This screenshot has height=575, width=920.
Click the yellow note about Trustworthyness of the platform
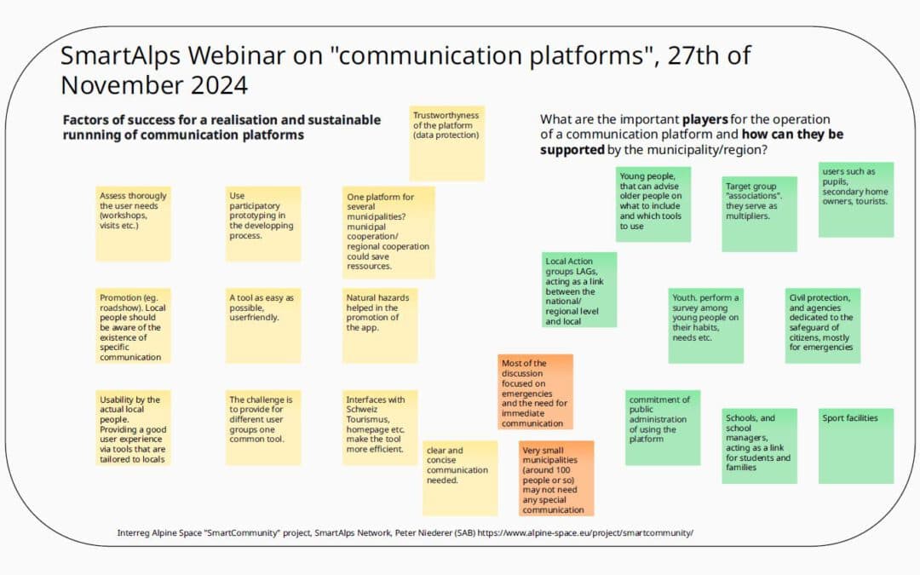click(x=447, y=142)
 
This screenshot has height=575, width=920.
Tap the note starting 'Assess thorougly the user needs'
click(x=133, y=223)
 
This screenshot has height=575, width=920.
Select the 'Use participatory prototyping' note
click(x=263, y=223)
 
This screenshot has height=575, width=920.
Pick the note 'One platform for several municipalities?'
click(x=388, y=232)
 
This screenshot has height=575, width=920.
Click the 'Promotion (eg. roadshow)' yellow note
click(x=133, y=326)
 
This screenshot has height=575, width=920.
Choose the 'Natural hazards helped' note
click(x=380, y=325)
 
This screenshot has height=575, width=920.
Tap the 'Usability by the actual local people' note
click(x=133, y=428)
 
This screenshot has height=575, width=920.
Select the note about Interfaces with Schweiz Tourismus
click(x=380, y=428)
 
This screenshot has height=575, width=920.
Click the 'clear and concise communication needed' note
click(x=460, y=477)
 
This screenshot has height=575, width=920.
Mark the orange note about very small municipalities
click(x=556, y=477)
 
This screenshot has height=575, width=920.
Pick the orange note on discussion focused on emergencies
click(x=536, y=392)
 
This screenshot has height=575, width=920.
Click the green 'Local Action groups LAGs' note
click(x=579, y=290)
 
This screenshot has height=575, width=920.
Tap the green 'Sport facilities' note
click(x=855, y=446)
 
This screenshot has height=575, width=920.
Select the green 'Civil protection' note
click(x=822, y=325)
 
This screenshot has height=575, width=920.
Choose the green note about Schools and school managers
click(x=760, y=446)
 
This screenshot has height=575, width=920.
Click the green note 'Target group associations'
click(x=760, y=213)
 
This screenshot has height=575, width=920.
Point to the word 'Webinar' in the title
click(x=222, y=55)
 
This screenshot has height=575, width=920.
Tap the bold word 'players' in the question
click(x=707, y=119)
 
